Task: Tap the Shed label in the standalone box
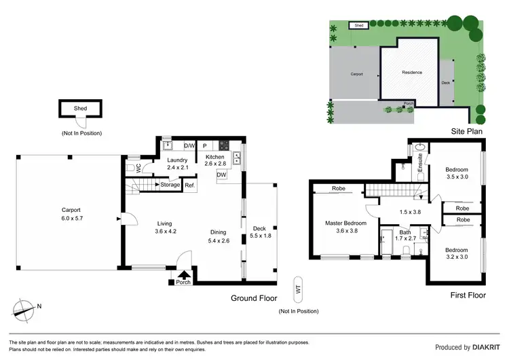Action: [80, 107]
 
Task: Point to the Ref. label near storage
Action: [190, 185]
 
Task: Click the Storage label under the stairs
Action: [170, 185]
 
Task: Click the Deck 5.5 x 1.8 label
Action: [259, 232]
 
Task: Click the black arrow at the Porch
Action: [183, 274]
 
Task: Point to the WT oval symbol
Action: [297, 288]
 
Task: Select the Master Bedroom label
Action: [346, 227]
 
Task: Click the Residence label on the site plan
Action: [411, 72]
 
